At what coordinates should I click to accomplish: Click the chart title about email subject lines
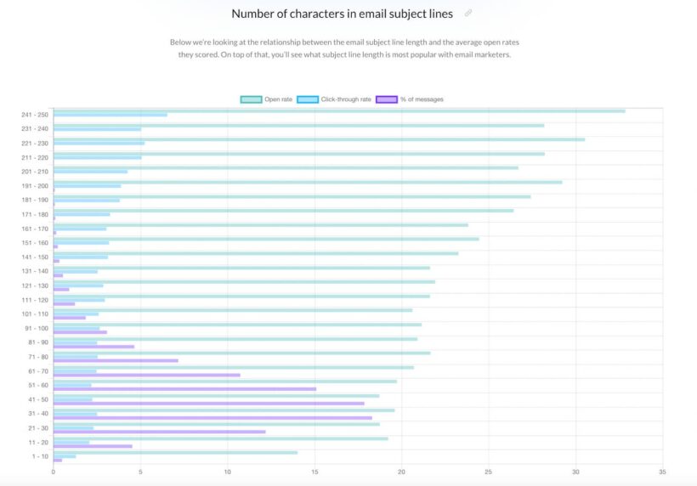tap(342, 14)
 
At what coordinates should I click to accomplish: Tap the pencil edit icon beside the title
tap(468, 14)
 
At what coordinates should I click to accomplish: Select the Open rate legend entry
tap(267, 99)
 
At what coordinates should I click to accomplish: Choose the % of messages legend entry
tap(410, 99)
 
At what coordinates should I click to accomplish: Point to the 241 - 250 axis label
tap(35, 115)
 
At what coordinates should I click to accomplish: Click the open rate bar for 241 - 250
tap(338, 110)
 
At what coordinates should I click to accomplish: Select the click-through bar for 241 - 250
tap(110, 115)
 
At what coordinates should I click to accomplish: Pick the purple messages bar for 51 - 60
tap(184, 389)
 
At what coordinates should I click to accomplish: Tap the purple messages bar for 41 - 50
tap(208, 404)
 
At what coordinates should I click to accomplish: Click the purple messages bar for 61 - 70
tap(146, 375)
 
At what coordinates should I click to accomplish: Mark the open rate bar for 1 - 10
tap(175, 452)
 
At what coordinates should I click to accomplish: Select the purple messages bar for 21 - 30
tap(159, 432)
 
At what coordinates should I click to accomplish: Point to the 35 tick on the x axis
tap(662, 472)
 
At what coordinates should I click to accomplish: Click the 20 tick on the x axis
tap(401, 472)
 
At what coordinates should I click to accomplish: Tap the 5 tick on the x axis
tap(140, 472)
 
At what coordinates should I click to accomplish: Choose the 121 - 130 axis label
tap(35, 285)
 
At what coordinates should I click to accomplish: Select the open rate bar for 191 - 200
tap(307, 182)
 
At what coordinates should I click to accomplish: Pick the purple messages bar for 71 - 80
tap(116, 360)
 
